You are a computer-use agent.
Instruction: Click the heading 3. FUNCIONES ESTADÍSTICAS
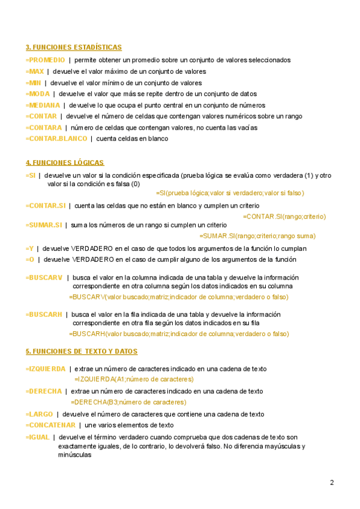(x=74, y=47)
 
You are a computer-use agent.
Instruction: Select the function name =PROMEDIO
(x=46, y=60)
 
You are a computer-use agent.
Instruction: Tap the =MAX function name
(x=35, y=71)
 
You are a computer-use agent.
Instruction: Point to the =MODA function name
(x=38, y=94)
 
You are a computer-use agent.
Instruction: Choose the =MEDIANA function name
(x=43, y=105)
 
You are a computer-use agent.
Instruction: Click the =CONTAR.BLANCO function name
(x=56, y=139)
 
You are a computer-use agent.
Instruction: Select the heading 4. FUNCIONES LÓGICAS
(x=65, y=163)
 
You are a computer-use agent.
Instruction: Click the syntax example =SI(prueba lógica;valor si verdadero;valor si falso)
(x=230, y=193)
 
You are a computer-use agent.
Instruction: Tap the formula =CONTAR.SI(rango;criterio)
(x=284, y=216)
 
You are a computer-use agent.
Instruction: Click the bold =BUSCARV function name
(x=44, y=277)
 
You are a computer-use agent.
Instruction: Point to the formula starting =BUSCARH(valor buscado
(x=179, y=334)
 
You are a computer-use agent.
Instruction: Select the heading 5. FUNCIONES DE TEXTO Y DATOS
(x=82, y=351)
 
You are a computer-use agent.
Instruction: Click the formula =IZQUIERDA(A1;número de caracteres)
(x=134, y=379)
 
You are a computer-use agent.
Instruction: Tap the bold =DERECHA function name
(x=44, y=391)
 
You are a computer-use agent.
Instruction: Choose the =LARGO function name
(x=39, y=414)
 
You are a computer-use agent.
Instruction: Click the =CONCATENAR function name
(x=50, y=425)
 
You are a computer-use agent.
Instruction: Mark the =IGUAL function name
(x=38, y=437)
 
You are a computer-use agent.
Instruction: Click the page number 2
(x=332, y=483)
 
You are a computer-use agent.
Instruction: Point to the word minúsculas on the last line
(x=75, y=455)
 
